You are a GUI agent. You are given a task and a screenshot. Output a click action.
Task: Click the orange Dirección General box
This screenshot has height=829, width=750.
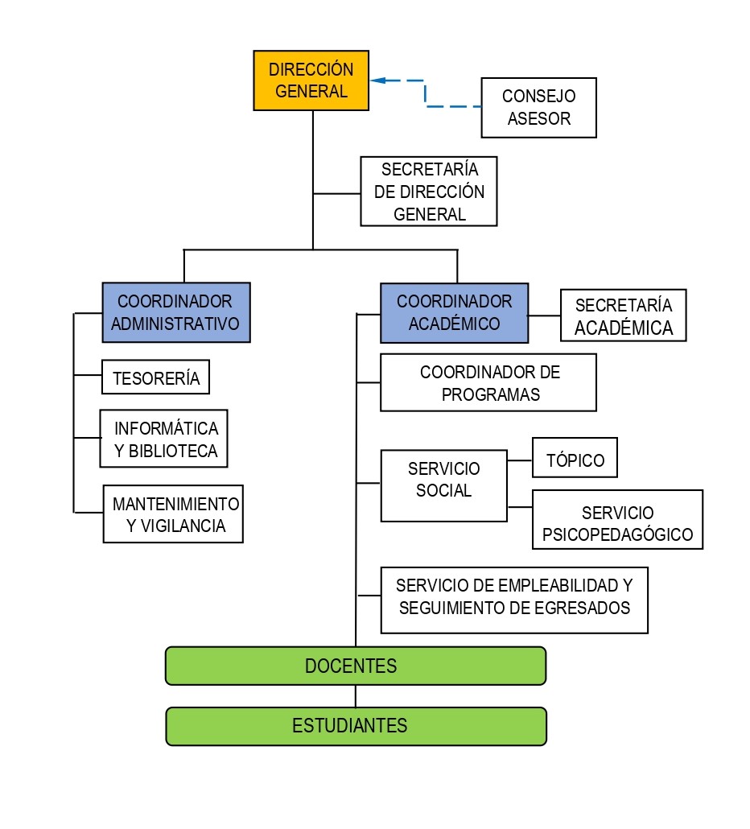[311, 80]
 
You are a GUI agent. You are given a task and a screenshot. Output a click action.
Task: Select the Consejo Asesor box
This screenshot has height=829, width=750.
[538, 108]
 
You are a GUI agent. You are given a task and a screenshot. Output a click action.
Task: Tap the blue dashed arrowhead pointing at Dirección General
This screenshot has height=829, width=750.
[377, 80]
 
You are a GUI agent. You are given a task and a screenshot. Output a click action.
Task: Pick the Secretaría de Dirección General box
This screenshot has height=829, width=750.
[429, 192]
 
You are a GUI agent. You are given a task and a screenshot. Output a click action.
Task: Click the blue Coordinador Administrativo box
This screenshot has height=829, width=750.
[176, 312]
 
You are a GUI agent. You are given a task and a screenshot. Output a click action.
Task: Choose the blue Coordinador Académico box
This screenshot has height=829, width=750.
[454, 312]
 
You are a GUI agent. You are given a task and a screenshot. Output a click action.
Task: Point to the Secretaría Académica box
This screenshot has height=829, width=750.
[623, 316]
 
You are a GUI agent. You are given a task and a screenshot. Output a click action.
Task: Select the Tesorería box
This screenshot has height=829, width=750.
[155, 377]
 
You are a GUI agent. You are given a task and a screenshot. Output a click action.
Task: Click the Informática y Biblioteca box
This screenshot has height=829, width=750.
[164, 439]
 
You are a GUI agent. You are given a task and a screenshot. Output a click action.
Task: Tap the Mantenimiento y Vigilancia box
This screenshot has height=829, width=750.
[174, 514]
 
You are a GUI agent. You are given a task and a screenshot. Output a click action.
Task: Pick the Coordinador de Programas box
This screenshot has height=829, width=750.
[488, 383]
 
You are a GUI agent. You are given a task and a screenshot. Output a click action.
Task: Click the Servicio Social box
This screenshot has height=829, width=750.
[443, 486]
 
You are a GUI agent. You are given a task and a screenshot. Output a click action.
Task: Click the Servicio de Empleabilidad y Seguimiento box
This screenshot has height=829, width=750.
[514, 600]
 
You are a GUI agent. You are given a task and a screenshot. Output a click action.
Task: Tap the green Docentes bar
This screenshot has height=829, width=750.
[355, 666]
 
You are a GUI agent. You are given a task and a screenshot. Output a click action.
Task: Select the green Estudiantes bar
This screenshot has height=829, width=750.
[355, 726]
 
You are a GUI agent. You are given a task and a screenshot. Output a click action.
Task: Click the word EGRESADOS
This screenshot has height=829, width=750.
[583, 608]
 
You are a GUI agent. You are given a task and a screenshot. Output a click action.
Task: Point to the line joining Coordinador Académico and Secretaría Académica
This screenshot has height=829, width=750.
[544, 316]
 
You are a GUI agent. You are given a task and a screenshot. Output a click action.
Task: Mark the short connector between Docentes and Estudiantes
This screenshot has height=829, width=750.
[355, 696]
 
